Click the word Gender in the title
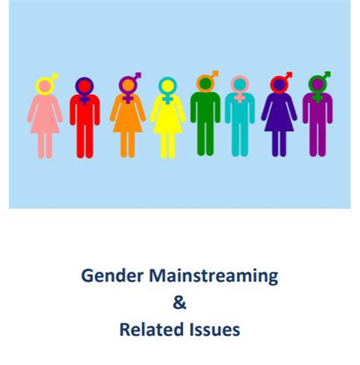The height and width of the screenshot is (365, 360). pyautogui.click(x=112, y=276)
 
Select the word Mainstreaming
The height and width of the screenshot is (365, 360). pyautogui.click(x=213, y=276)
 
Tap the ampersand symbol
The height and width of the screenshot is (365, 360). pyautogui.click(x=179, y=303)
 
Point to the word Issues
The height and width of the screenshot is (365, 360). pyautogui.click(x=214, y=329)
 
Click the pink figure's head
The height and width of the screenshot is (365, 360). pyautogui.click(x=45, y=87)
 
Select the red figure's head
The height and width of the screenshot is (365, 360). pyautogui.click(x=84, y=87)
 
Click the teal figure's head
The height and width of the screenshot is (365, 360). pyautogui.click(x=240, y=85)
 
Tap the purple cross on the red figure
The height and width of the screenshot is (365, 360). pyautogui.click(x=84, y=99)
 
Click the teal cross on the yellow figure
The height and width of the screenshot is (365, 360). pyautogui.click(x=167, y=99)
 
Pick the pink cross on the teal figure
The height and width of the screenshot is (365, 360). pyautogui.click(x=239, y=97)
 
